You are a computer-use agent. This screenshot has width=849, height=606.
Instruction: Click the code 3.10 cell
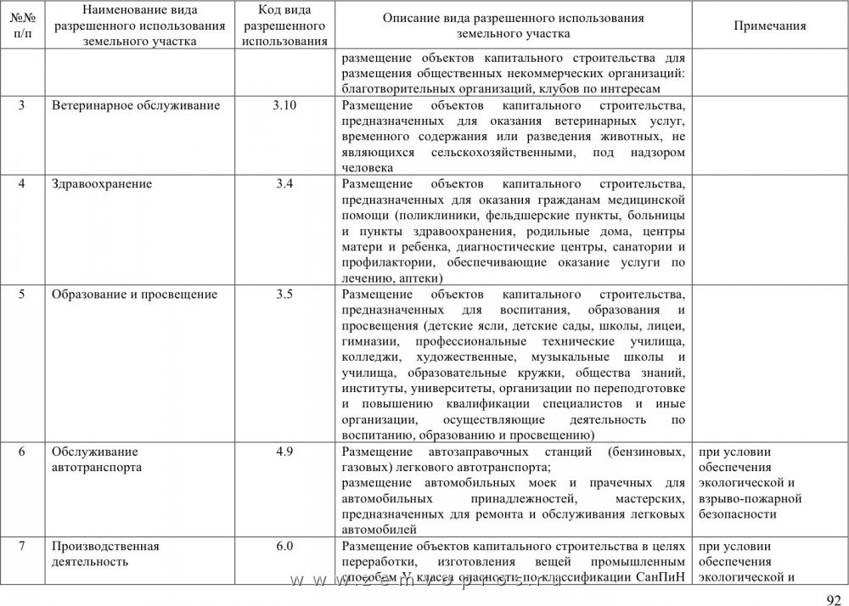[284, 106]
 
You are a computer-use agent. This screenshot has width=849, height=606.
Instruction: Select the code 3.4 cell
[284, 184]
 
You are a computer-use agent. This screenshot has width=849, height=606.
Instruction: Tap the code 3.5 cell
[284, 295]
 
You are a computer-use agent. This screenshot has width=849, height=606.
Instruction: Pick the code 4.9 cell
[284, 452]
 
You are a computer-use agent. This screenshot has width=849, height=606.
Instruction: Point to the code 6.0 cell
[284, 546]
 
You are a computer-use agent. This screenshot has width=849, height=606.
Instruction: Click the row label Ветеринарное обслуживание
[136, 106]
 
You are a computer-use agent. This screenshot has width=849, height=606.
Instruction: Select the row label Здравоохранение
[102, 184]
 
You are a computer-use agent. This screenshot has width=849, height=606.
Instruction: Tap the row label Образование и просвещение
[134, 295]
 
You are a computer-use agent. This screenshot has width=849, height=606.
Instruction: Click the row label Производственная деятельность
[105, 553]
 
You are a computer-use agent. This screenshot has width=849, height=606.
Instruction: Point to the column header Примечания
[769, 25]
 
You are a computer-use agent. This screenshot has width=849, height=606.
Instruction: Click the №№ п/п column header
[21, 25]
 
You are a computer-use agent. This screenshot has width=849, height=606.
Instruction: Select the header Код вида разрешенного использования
[284, 25]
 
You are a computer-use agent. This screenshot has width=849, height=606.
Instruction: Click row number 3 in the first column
[21, 106]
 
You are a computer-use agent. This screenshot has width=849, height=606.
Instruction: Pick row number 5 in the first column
[21, 295]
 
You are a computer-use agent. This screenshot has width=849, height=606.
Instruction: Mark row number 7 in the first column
[21, 546]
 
